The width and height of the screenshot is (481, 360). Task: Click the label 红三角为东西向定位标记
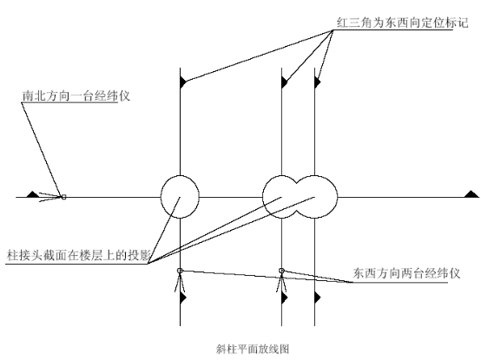tap(403, 23)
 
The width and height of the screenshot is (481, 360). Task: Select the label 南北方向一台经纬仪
tap(76, 96)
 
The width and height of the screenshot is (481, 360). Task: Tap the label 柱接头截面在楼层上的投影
tap(78, 255)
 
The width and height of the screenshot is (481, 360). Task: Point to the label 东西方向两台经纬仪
tap(406, 273)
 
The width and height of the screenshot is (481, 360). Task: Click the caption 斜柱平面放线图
tap(253, 349)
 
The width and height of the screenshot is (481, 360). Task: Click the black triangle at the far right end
tap(471, 194)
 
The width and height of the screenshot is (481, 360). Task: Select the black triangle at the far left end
tap(32, 194)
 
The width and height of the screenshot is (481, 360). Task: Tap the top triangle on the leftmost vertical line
tap(183, 82)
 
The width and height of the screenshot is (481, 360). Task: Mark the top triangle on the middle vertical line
tap(285, 82)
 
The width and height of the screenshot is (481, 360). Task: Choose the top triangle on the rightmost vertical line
tap(318, 82)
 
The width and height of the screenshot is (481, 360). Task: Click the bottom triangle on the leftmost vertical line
tap(183, 298)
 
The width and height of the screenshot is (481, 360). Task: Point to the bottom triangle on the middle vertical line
tap(285, 298)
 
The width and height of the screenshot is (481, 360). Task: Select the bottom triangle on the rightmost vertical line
tap(318, 298)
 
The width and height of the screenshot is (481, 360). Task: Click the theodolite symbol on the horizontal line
tap(53, 197)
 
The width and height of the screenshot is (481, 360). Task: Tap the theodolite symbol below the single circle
tap(180, 279)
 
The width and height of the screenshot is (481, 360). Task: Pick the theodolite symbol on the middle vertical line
tap(281, 279)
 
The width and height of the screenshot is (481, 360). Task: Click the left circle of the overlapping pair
tap(263, 197)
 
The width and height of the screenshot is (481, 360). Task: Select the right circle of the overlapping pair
tap(337, 197)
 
